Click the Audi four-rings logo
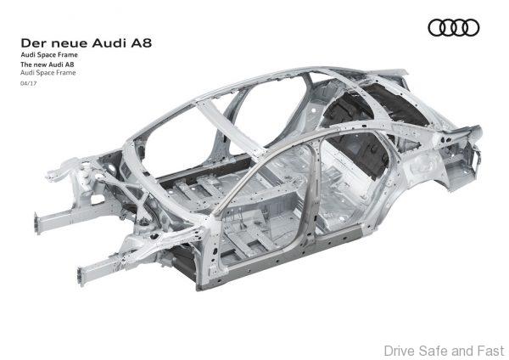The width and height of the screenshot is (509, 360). (x=454, y=28)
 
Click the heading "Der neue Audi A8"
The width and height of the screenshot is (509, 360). (x=86, y=43)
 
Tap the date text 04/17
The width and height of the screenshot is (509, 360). (x=29, y=83)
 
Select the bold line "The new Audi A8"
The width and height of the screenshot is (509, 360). (x=48, y=65)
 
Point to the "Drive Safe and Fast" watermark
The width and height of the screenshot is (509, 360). (x=444, y=351)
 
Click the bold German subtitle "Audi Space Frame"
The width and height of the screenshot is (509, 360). (x=49, y=54)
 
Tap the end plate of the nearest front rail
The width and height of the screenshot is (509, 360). (x=81, y=277)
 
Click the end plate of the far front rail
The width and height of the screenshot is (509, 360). (x=37, y=223)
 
